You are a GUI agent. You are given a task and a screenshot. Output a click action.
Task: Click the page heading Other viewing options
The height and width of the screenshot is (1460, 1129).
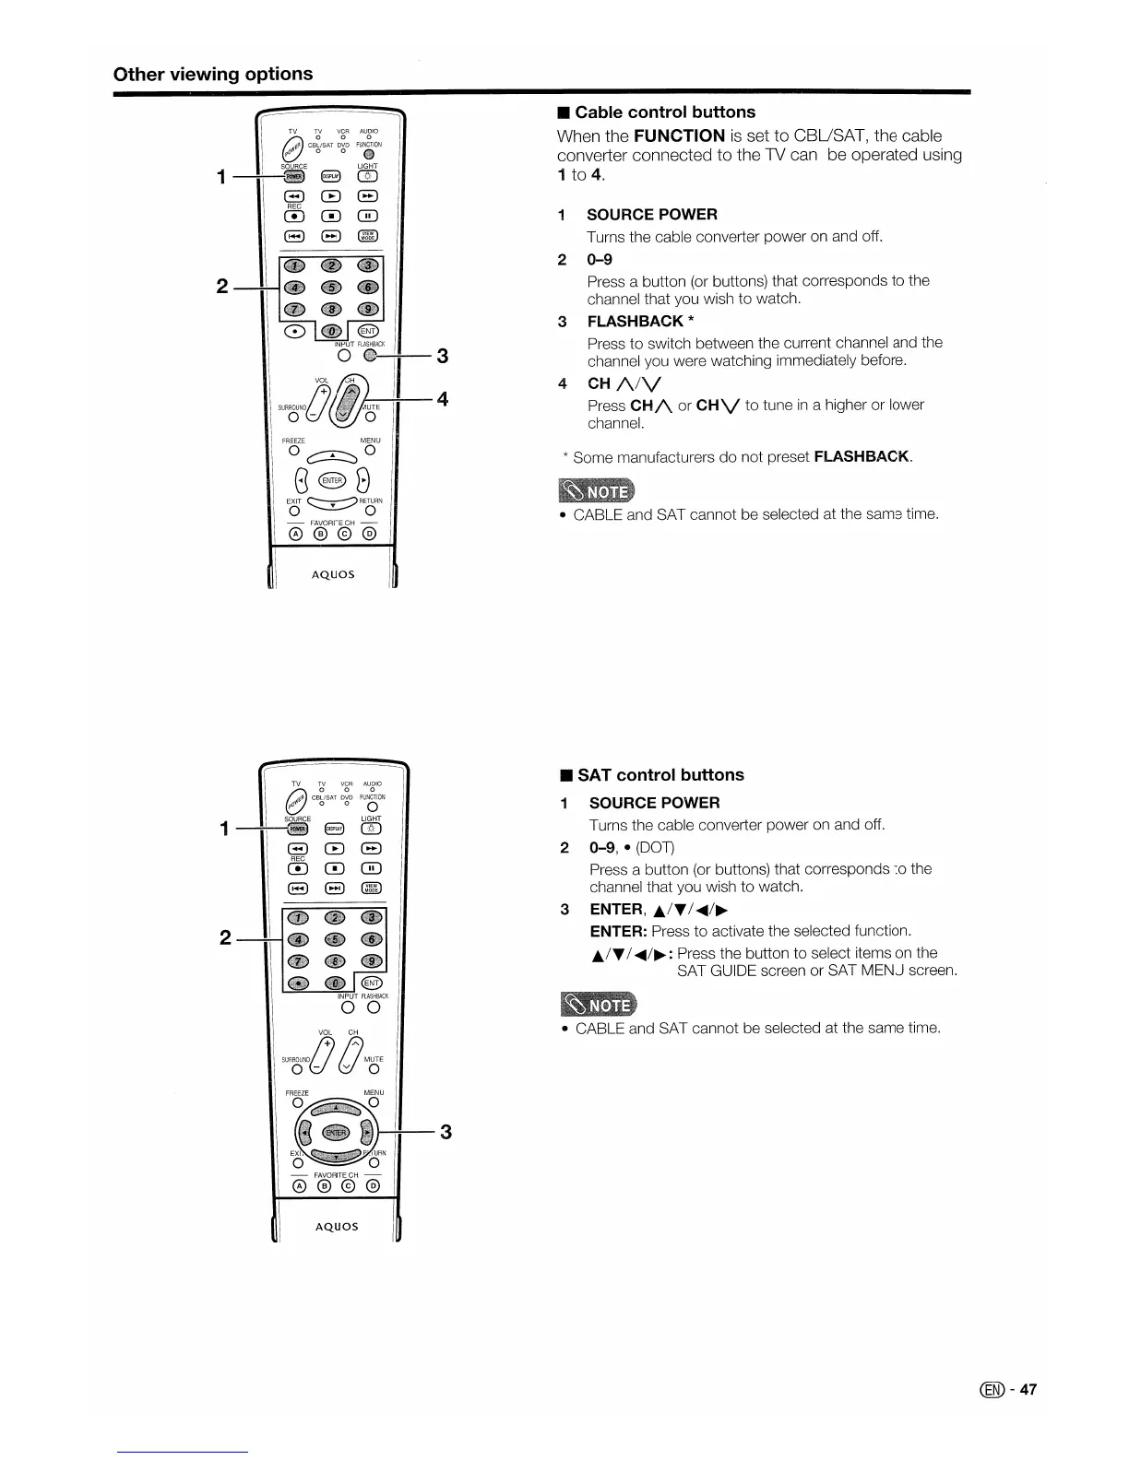pos(212,74)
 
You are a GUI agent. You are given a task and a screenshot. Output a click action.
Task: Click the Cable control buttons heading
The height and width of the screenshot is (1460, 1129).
pos(664,112)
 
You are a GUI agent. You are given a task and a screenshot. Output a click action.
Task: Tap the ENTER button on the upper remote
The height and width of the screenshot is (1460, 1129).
pos(331,480)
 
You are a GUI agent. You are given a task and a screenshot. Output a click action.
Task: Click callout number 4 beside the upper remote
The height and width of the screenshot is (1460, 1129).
pos(443,399)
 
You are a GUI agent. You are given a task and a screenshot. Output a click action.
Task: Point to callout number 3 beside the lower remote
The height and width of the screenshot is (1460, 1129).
pos(446,1132)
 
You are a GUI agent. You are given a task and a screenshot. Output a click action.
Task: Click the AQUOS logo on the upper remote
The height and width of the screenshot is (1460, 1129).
pos(333,574)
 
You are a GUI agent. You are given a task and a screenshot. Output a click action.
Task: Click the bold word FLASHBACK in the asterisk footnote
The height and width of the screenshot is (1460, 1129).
pos(862,457)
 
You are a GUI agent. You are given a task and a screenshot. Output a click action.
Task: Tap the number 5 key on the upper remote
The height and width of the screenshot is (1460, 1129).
pos(330,288)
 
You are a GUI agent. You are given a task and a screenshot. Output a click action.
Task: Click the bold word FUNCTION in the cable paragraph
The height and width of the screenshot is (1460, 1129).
pos(679,136)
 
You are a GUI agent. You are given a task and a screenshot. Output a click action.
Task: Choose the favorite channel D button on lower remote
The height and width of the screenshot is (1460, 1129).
pos(373,1186)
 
